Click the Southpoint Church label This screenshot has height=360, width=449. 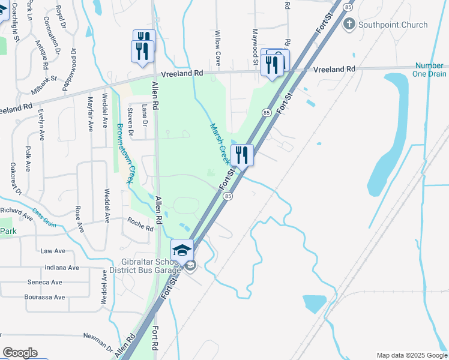(393, 25)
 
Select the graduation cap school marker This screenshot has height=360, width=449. (182, 250)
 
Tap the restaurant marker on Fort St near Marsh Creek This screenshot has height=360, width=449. (242, 155)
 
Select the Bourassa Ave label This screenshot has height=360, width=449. (44, 297)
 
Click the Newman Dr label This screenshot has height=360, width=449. (98, 340)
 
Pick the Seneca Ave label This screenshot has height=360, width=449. (44, 282)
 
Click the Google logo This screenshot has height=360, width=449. (20, 353)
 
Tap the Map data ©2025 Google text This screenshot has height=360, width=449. (411, 355)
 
